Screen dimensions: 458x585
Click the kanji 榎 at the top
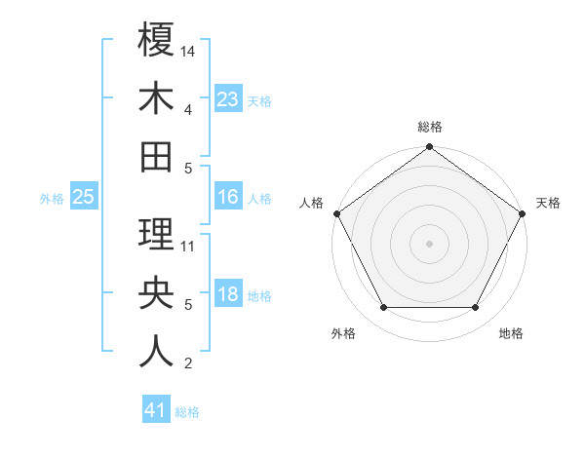point(156,42)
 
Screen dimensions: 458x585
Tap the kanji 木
point(156,98)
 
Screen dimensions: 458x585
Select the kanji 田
point(156,155)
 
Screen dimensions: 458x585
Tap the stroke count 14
point(188,50)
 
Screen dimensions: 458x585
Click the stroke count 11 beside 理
point(188,246)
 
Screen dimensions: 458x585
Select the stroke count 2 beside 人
point(187,363)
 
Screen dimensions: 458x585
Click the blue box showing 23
point(228,98)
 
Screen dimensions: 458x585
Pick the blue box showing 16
point(228,197)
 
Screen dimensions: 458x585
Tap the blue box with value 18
point(228,294)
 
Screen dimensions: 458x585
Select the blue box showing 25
point(83,197)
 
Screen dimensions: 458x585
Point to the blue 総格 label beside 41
point(187,412)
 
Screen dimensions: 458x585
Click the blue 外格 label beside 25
point(52,199)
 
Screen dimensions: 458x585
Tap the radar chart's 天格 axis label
point(549,203)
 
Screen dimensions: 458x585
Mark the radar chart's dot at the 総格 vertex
point(429,148)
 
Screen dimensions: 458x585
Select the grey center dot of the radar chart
point(429,244)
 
